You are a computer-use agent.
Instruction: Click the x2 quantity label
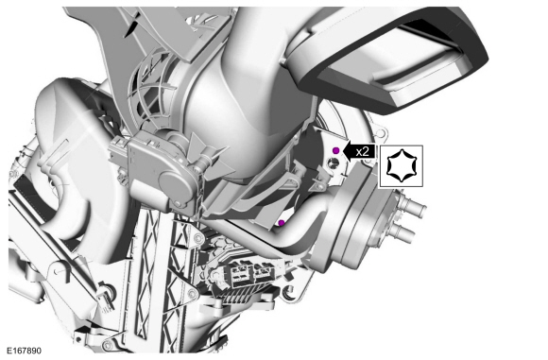363,152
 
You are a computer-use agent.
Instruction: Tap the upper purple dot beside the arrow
335,150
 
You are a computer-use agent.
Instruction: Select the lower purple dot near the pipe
281,223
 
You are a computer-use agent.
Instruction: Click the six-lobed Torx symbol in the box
402,165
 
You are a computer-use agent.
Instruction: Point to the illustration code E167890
25,351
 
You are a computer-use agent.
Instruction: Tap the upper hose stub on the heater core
414,206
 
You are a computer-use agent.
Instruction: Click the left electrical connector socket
240,273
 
